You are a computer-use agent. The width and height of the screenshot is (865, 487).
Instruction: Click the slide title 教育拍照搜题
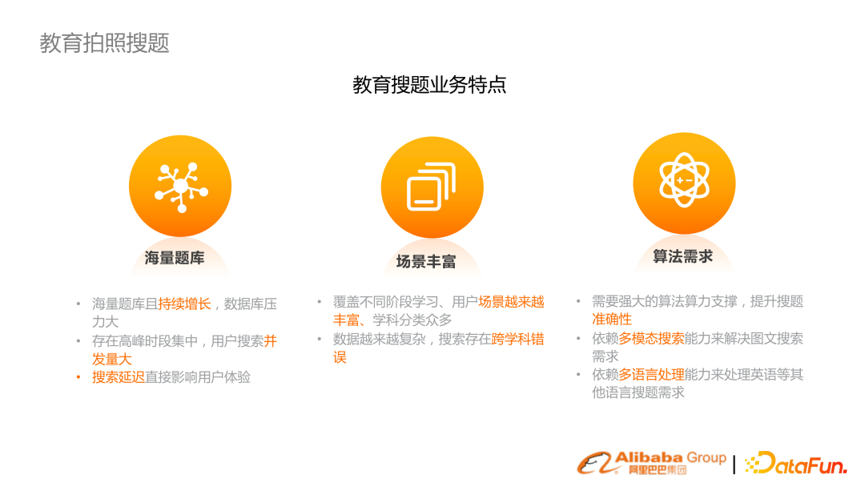coord(105,42)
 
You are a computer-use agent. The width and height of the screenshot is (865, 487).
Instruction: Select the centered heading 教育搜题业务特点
coord(429,85)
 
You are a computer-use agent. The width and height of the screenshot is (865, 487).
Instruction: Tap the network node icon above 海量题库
coord(180,186)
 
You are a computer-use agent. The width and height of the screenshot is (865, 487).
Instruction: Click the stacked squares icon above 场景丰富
coord(432,187)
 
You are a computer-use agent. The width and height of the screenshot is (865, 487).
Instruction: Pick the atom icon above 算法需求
coord(684,181)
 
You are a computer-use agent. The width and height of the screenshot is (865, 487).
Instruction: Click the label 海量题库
coord(175,258)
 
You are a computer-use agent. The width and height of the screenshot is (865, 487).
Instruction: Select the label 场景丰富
coord(425,261)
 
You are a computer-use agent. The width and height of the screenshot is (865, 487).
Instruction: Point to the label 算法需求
coord(682,256)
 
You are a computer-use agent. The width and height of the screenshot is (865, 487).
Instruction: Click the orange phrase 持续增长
coord(184,304)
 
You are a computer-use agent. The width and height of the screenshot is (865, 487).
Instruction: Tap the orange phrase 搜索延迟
coord(119,376)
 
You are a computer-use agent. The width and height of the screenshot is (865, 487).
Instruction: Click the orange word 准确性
coord(612,320)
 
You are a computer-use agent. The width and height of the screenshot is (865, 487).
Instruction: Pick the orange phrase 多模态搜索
coord(651,338)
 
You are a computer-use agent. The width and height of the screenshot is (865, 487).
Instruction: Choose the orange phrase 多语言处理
coord(651,374)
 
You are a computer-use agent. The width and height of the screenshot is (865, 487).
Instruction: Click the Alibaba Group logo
coord(652,462)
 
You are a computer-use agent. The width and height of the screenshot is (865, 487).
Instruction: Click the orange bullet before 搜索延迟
coord(78,376)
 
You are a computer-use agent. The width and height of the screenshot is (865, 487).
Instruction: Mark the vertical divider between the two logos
coord(734,464)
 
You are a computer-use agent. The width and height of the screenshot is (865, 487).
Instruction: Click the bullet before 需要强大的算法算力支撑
coord(579,302)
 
